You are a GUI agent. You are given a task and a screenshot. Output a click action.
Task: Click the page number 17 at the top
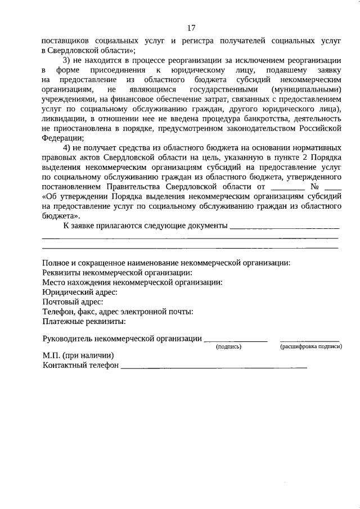[191, 28]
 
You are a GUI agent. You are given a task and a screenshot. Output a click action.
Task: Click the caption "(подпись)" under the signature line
[229, 346]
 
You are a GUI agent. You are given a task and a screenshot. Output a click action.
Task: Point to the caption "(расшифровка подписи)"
[311, 346]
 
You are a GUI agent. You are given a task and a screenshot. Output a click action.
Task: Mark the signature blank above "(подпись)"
[236, 340]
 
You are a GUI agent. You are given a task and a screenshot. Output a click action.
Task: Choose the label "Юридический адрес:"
[80, 292]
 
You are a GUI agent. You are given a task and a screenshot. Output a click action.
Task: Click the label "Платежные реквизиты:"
[84, 322]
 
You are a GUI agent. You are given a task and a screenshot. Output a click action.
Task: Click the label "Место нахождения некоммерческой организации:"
[132, 282]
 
